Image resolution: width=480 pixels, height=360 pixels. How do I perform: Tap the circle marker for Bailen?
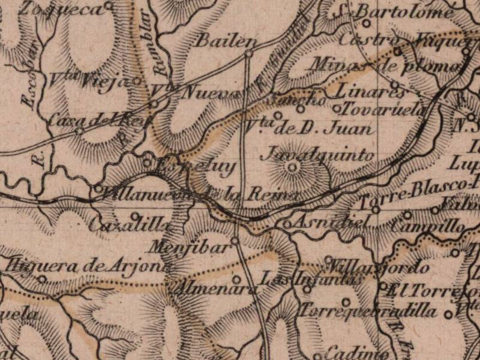248,54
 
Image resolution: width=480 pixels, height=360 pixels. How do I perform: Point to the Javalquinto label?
318,155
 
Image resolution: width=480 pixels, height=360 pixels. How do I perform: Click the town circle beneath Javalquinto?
292,167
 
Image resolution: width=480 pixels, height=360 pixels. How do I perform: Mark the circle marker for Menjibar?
235,241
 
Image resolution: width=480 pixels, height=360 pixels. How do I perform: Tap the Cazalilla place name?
129,226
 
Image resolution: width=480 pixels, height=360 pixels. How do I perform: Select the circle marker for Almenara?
236,279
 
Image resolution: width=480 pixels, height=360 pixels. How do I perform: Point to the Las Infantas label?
312,279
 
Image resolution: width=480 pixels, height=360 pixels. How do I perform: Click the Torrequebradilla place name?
368,311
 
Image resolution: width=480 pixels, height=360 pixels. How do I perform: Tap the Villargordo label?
380,266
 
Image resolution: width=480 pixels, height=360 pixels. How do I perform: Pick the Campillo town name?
427,227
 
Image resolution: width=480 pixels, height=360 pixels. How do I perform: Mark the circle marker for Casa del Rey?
79,130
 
